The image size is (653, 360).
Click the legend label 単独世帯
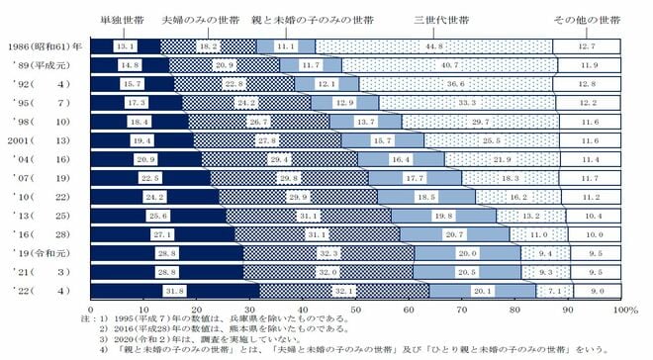(x=124, y=19)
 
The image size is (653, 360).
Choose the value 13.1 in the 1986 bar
(x=126, y=45)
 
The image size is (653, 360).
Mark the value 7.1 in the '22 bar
(x=554, y=290)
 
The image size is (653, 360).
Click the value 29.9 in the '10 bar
(x=296, y=196)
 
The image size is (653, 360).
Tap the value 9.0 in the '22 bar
(x=597, y=290)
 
